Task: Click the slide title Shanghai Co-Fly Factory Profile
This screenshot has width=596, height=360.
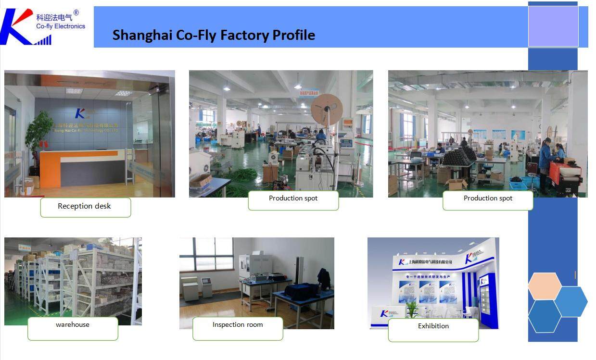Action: (x=214, y=35)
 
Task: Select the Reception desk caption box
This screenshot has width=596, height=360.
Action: (x=85, y=207)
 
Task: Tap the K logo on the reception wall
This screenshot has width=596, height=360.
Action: (x=80, y=113)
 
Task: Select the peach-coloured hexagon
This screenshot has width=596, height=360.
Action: (x=545, y=286)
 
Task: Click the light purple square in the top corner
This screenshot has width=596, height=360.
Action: (x=553, y=26)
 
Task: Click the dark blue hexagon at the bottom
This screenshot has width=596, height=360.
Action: (x=544, y=316)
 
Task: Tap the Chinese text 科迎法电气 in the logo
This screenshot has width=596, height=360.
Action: (x=54, y=17)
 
